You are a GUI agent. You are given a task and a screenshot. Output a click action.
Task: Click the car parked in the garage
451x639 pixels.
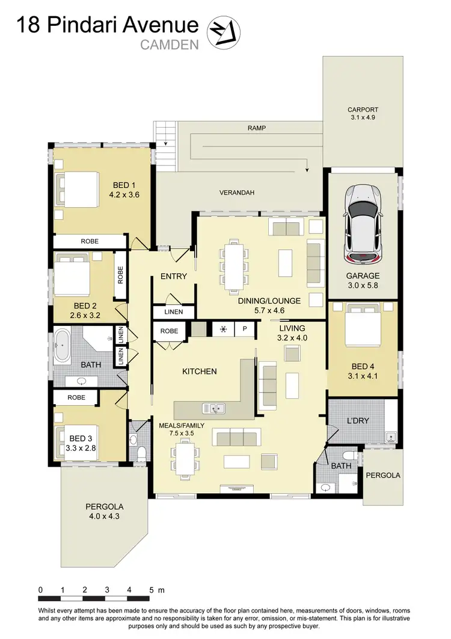click(x=362, y=223)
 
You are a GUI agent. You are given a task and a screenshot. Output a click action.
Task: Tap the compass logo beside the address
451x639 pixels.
click(x=224, y=31)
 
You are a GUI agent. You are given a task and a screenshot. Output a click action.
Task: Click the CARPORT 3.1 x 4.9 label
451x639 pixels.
click(x=362, y=113)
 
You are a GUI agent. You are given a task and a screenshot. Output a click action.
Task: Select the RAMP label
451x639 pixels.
click(x=256, y=128)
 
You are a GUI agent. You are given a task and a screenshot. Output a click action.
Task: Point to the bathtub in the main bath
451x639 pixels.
click(x=63, y=346)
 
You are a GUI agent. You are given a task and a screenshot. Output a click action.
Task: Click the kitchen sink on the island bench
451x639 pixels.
click(x=213, y=408)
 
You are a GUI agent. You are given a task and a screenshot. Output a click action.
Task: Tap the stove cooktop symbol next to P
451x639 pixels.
click(x=224, y=329)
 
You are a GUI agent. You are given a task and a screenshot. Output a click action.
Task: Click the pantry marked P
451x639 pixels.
click(x=245, y=329)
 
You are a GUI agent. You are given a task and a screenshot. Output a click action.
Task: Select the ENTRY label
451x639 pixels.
click(x=173, y=276)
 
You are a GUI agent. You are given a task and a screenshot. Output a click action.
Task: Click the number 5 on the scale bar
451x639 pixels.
click(x=151, y=590)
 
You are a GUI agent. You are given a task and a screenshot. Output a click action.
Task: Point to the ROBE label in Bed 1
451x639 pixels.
click(x=90, y=241)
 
